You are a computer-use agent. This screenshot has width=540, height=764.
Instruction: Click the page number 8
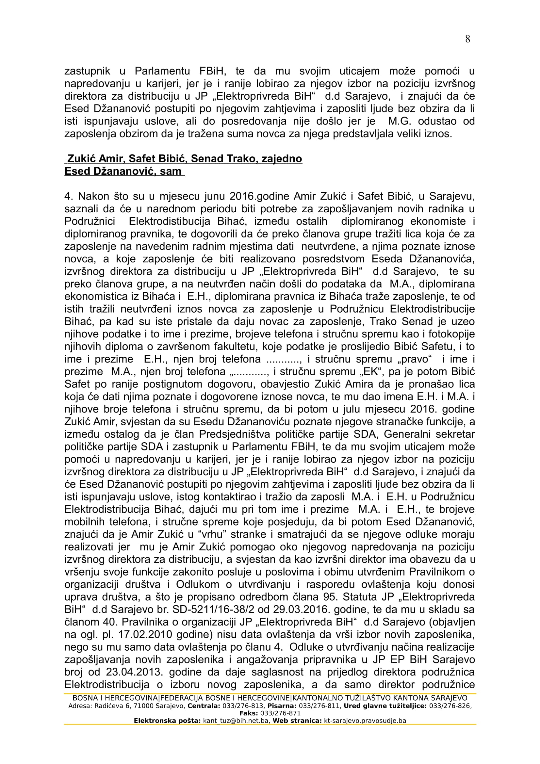(467, 39)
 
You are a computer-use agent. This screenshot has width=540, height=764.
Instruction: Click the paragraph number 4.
(68, 196)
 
